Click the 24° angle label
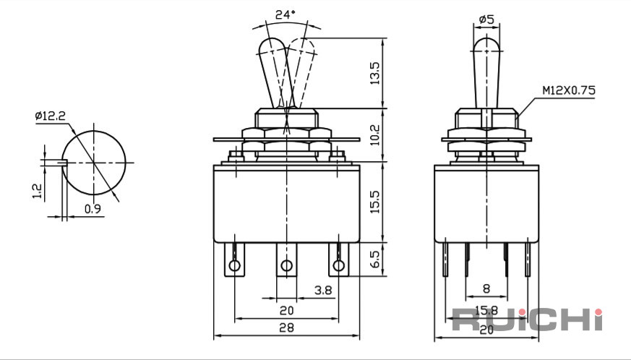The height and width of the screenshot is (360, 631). tap(285, 15)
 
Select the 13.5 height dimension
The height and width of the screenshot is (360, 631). tap(374, 73)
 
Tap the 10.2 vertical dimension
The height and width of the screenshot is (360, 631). tap(374, 134)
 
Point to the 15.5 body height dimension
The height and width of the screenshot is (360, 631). tap(374, 202)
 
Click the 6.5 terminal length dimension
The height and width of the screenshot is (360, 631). tap(374, 259)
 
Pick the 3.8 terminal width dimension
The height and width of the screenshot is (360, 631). tap(323, 291)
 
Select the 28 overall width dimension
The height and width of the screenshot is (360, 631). tap(286, 327)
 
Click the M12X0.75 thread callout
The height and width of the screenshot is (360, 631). tap(568, 90)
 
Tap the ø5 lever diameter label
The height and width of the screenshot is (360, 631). tap(486, 19)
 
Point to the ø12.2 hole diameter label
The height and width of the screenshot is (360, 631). tap(50, 116)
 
